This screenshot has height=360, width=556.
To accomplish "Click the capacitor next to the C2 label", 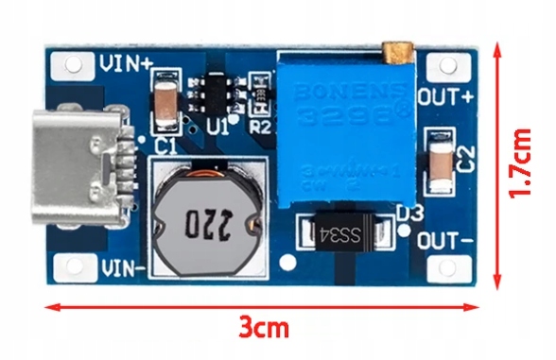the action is point(439,160).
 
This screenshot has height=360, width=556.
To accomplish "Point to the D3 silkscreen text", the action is point(408,214).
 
